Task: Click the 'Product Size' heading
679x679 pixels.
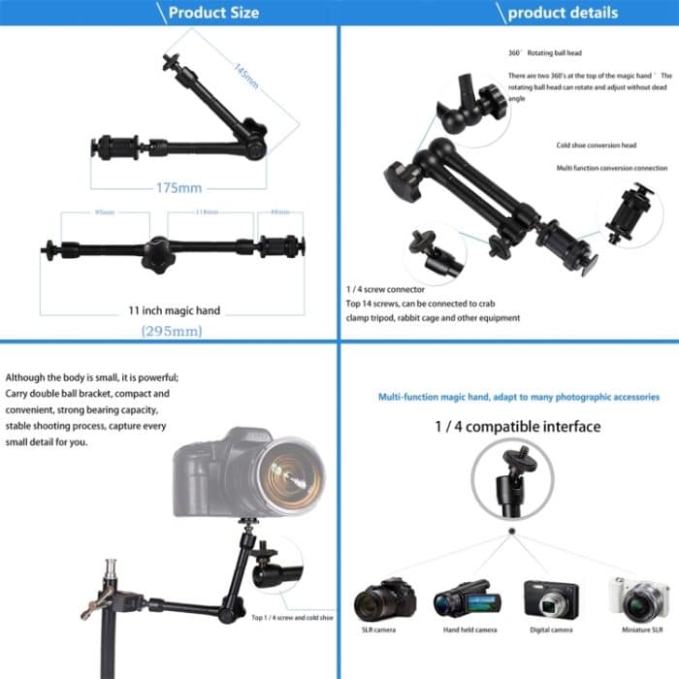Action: click(x=213, y=13)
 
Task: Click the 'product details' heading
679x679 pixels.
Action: click(x=562, y=13)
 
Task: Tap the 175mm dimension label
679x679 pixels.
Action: click(x=178, y=187)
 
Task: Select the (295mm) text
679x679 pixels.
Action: click(x=172, y=331)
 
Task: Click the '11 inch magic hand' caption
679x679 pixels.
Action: click(x=175, y=310)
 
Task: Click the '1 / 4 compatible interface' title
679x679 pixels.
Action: click(x=518, y=426)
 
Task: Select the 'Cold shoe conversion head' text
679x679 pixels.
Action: click(x=596, y=145)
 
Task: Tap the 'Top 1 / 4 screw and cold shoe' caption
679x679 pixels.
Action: click(x=291, y=617)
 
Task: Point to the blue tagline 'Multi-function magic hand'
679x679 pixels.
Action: click(x=518, y=397)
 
